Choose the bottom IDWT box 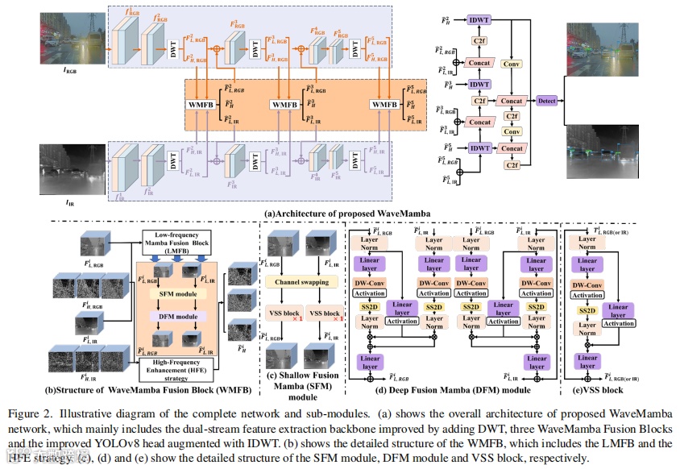pyautogui.click(x=480, y=147)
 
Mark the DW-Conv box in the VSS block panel pyautogui.click(x=588, y=285)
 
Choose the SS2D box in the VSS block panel pyautogui.click(x=587, y=310)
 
